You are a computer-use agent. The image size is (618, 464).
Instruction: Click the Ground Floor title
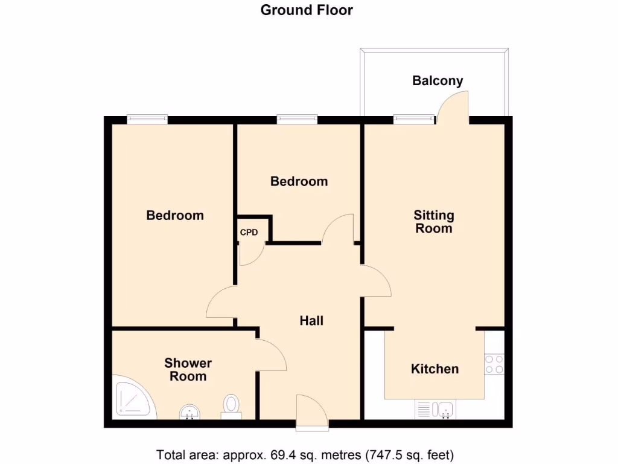pos(307,10)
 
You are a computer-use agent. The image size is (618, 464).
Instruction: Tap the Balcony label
pos(438,81)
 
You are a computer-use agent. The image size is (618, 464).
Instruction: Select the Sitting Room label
pos(433,222)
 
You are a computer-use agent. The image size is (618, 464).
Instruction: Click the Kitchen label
pos(435,369)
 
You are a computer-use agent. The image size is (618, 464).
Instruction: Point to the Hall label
pos(311,321)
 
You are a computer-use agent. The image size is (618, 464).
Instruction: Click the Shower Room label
pos(188,370)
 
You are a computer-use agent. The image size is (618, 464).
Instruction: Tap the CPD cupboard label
pos(249,232)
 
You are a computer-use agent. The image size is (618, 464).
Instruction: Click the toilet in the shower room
pos(231,406)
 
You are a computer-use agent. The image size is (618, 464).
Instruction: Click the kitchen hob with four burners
pos(494,364)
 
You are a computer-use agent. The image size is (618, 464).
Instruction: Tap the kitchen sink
pos(446,410)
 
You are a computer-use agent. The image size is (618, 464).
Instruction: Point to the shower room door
pos(270,355)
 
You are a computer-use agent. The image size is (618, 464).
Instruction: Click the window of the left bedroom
pos(147,120)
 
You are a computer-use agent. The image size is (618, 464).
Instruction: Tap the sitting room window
pos(413,120)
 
